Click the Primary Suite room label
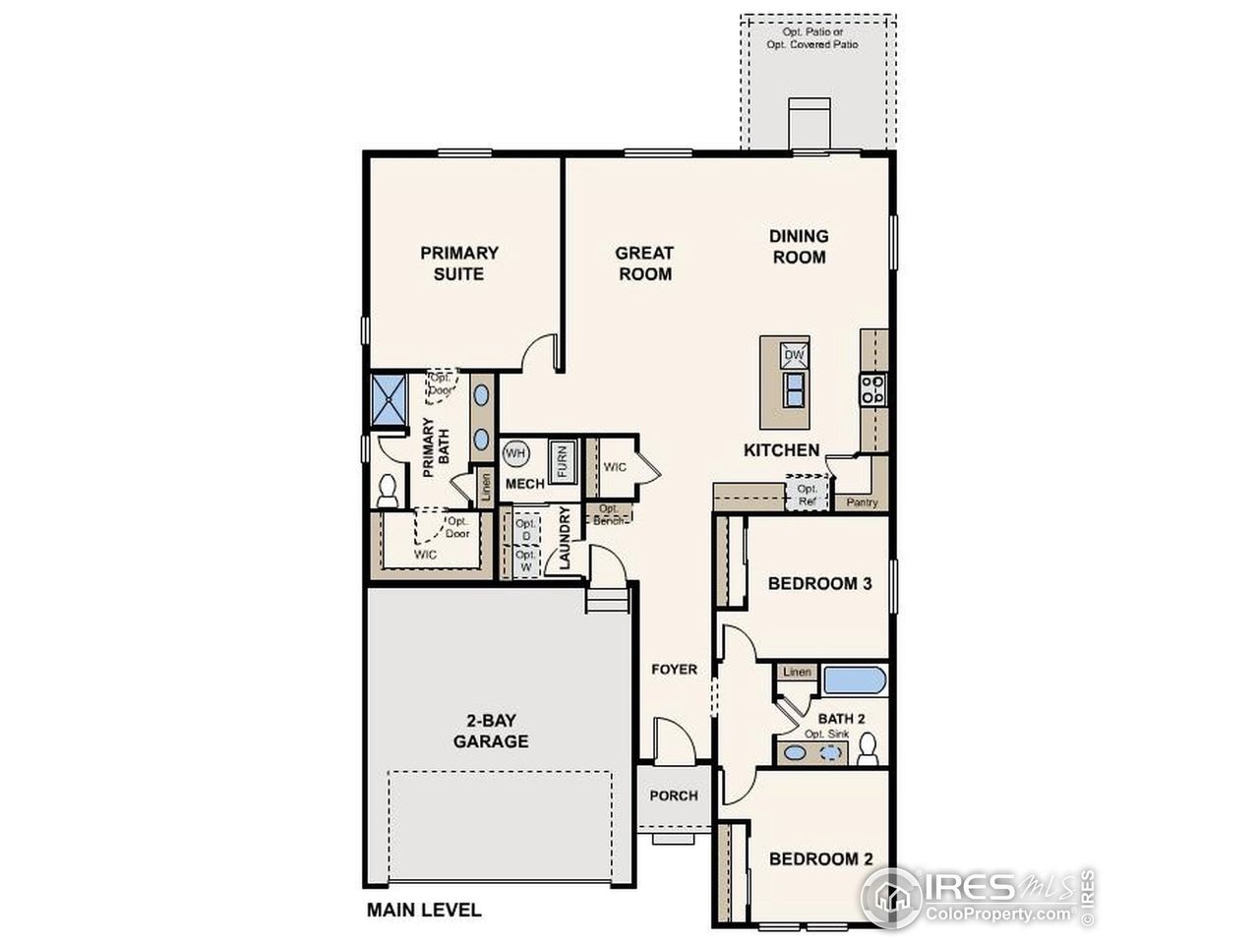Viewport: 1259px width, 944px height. point(459,264)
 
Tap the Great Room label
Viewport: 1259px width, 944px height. point(644,264)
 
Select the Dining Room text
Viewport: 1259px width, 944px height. point(799,247)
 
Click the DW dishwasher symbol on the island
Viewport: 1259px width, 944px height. point(794,355)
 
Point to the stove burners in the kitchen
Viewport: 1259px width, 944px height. point(871,390)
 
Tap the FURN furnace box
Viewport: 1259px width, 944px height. point(563,460)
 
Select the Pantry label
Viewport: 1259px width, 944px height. point(862,502)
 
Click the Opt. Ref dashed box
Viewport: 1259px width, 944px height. point(808,493)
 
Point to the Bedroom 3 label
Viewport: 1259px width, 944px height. point(819,583)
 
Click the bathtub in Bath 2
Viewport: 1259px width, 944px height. point(855,680)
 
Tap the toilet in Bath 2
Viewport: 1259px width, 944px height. point(868,750)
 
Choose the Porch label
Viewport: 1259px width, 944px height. point(674,796)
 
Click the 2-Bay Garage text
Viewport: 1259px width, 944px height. point(491,730)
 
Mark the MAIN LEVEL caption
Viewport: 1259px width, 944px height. point(424,910)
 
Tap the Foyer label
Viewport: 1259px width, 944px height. point(675,670)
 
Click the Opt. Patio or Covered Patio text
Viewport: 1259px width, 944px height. point(812,38)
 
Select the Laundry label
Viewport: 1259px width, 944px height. point(565,538)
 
